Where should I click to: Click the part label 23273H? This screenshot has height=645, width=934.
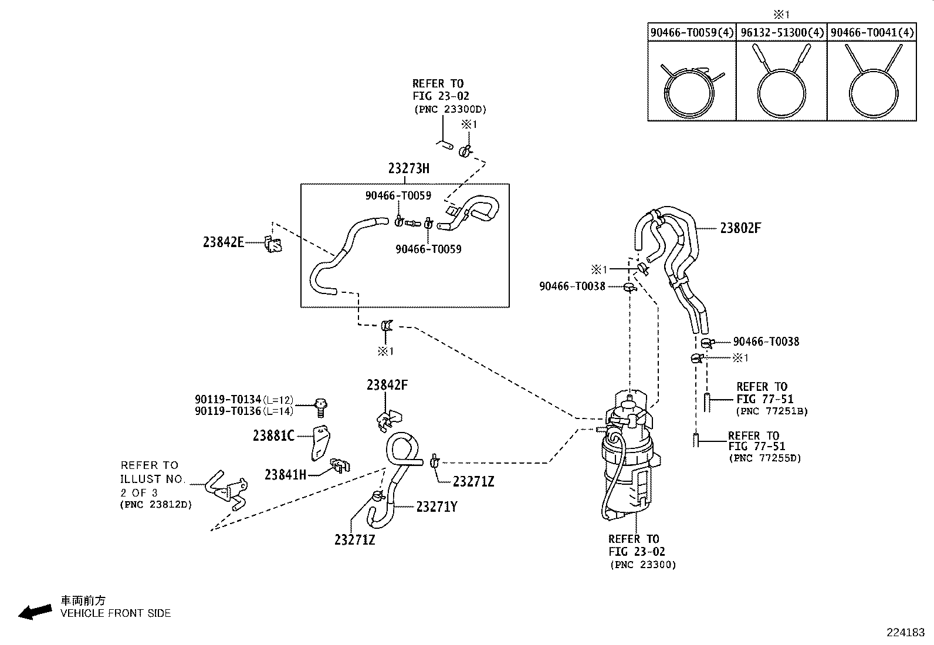[x=408, y=168]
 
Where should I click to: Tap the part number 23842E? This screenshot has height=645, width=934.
[x=224, y=242]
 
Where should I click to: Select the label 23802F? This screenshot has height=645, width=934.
[x=740, y=228]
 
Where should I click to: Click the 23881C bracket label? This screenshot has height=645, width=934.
[x=273, y=436]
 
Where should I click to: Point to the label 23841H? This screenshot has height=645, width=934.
[x=286, y=475]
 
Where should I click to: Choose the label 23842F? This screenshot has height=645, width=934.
[x=387, y=385]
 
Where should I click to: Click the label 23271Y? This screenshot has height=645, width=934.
[x=436, y=507]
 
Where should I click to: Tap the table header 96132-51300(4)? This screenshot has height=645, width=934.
[x=782, y=32]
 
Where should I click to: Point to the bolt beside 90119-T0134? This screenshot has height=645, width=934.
[x=321, y=408]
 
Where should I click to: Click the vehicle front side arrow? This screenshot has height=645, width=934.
[x=35, y=612]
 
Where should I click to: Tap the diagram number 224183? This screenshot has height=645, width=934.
[x=905, y=633]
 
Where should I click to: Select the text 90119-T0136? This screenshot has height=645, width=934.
[x=228, y=411]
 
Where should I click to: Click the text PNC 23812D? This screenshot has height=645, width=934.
[x=156, y=504]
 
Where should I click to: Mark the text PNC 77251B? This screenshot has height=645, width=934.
[x=772, y=411]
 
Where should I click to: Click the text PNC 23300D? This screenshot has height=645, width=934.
[x=451, y=109]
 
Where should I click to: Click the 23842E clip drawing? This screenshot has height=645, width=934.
[x=273, y=245]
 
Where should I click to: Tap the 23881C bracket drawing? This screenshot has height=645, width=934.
[x=321, y=443]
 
